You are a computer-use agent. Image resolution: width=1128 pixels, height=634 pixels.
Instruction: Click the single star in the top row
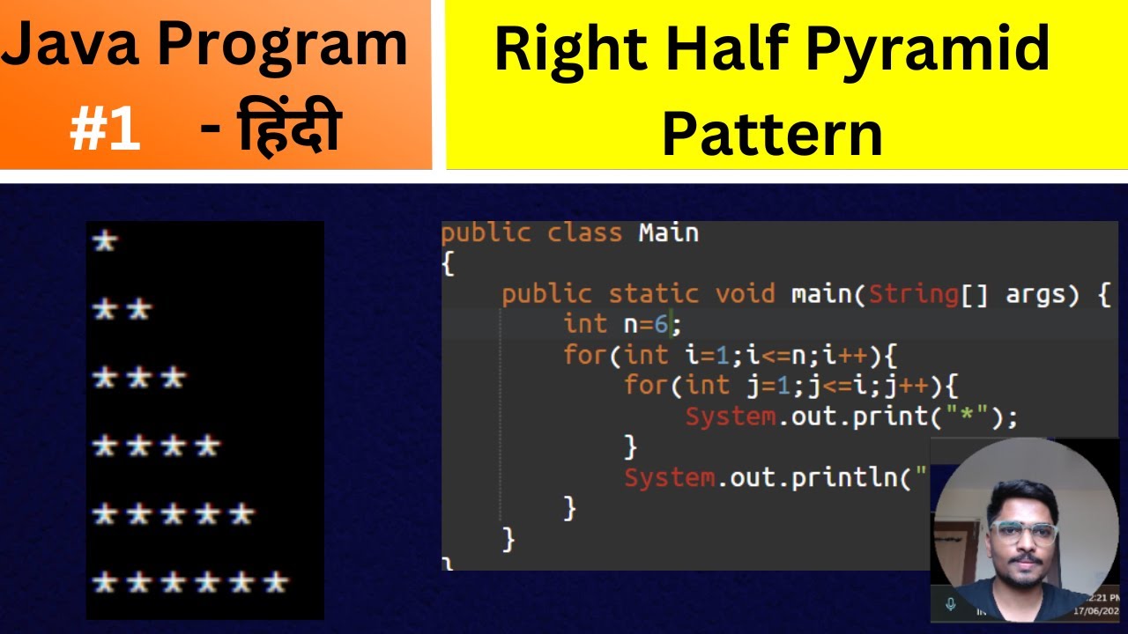(105, 241)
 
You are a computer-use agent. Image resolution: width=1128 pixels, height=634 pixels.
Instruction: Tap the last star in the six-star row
(277, 582)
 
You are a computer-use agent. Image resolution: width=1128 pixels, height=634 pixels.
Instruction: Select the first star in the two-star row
(105, 309)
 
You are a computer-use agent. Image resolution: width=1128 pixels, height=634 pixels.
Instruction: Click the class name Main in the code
(669, 233)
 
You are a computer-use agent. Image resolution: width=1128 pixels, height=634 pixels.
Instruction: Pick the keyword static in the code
(653, 294)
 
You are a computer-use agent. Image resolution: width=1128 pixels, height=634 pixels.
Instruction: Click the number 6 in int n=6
(661, 324)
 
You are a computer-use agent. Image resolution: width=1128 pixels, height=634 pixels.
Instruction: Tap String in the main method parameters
(913, 294)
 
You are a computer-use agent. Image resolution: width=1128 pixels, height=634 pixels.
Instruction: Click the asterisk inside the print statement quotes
(975, 417)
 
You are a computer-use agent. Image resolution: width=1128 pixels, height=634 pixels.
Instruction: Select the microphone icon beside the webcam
(951, 604)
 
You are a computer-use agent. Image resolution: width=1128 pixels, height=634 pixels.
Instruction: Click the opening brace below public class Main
(448, 263)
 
